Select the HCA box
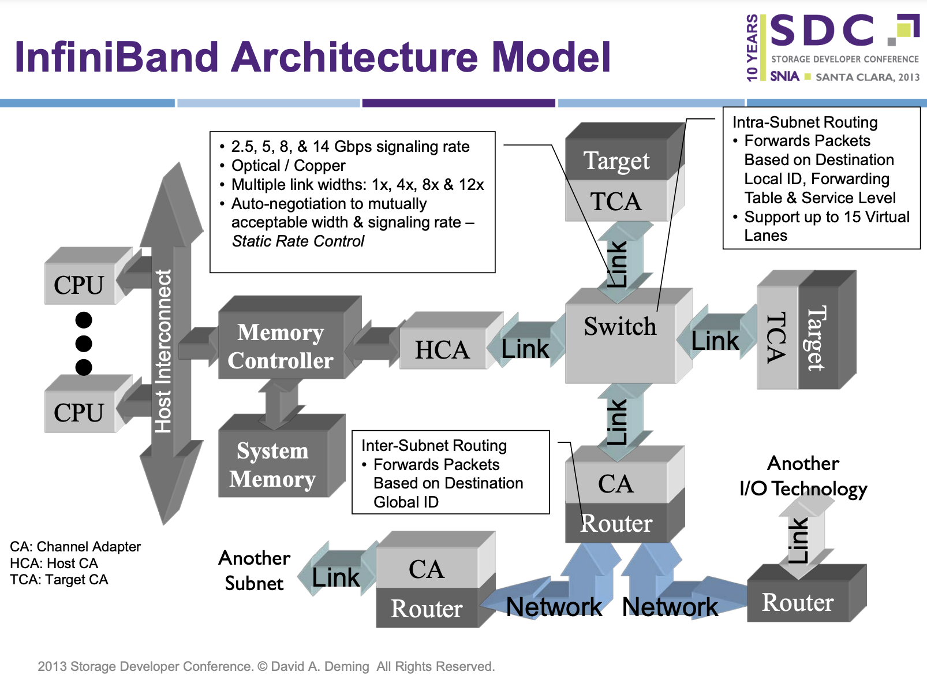[x=443, y=349]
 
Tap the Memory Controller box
[x=281, y=346]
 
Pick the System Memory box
[x=272, y=464]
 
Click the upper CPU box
[x=80, y=284]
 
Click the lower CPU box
[x=80, y=412]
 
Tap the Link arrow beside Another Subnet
[x=335, y=577]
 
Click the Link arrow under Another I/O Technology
[x=799, y=540]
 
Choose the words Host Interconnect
[x=163, y=351]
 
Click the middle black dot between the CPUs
[x=84, y=344]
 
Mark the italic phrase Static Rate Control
[x=298, y=241]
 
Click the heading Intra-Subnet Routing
[x=805, y=122]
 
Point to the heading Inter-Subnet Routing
[x=434, y=446]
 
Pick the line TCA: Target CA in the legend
[x=59, y=580]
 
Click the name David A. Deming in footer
[x=320, y=666]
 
